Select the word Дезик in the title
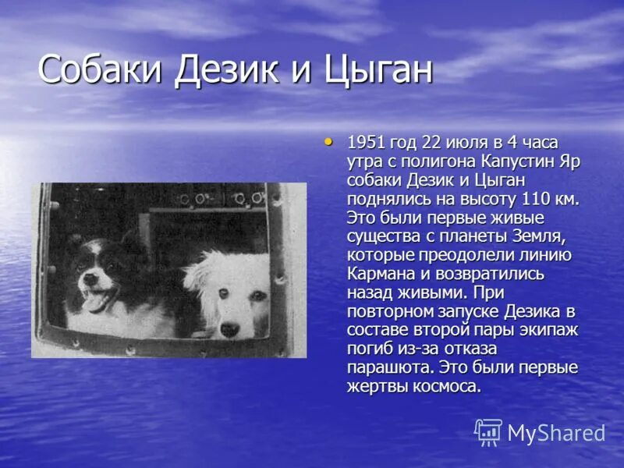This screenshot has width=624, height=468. click(234, 70)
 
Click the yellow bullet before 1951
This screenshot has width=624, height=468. click(328, 141)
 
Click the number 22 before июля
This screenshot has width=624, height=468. click(431, 143)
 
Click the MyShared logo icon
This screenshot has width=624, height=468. click(488, 431)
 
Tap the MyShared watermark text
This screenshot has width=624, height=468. click(556, 433)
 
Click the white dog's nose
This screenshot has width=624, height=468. click(229, 331)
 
